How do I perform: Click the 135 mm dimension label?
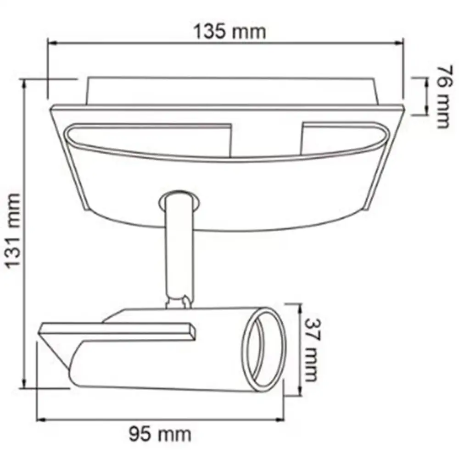(x=230, y=31)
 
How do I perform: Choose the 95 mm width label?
(x=160, y=434)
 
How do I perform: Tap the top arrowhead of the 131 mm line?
(x=24, y=84)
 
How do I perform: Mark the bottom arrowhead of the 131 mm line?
(x=24, y=383)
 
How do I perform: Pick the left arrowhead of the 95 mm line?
(x=41, y=420)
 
